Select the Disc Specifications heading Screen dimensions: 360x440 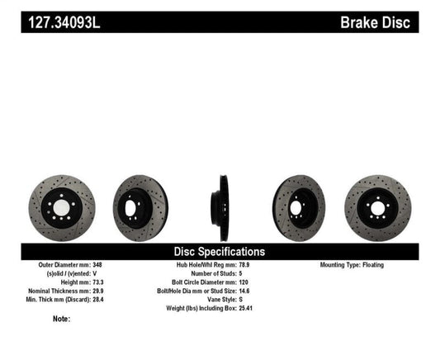click(x=220, y=251)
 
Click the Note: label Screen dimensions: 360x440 click(x=60, y=319)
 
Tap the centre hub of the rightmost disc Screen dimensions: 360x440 click(x=378, y=204)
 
